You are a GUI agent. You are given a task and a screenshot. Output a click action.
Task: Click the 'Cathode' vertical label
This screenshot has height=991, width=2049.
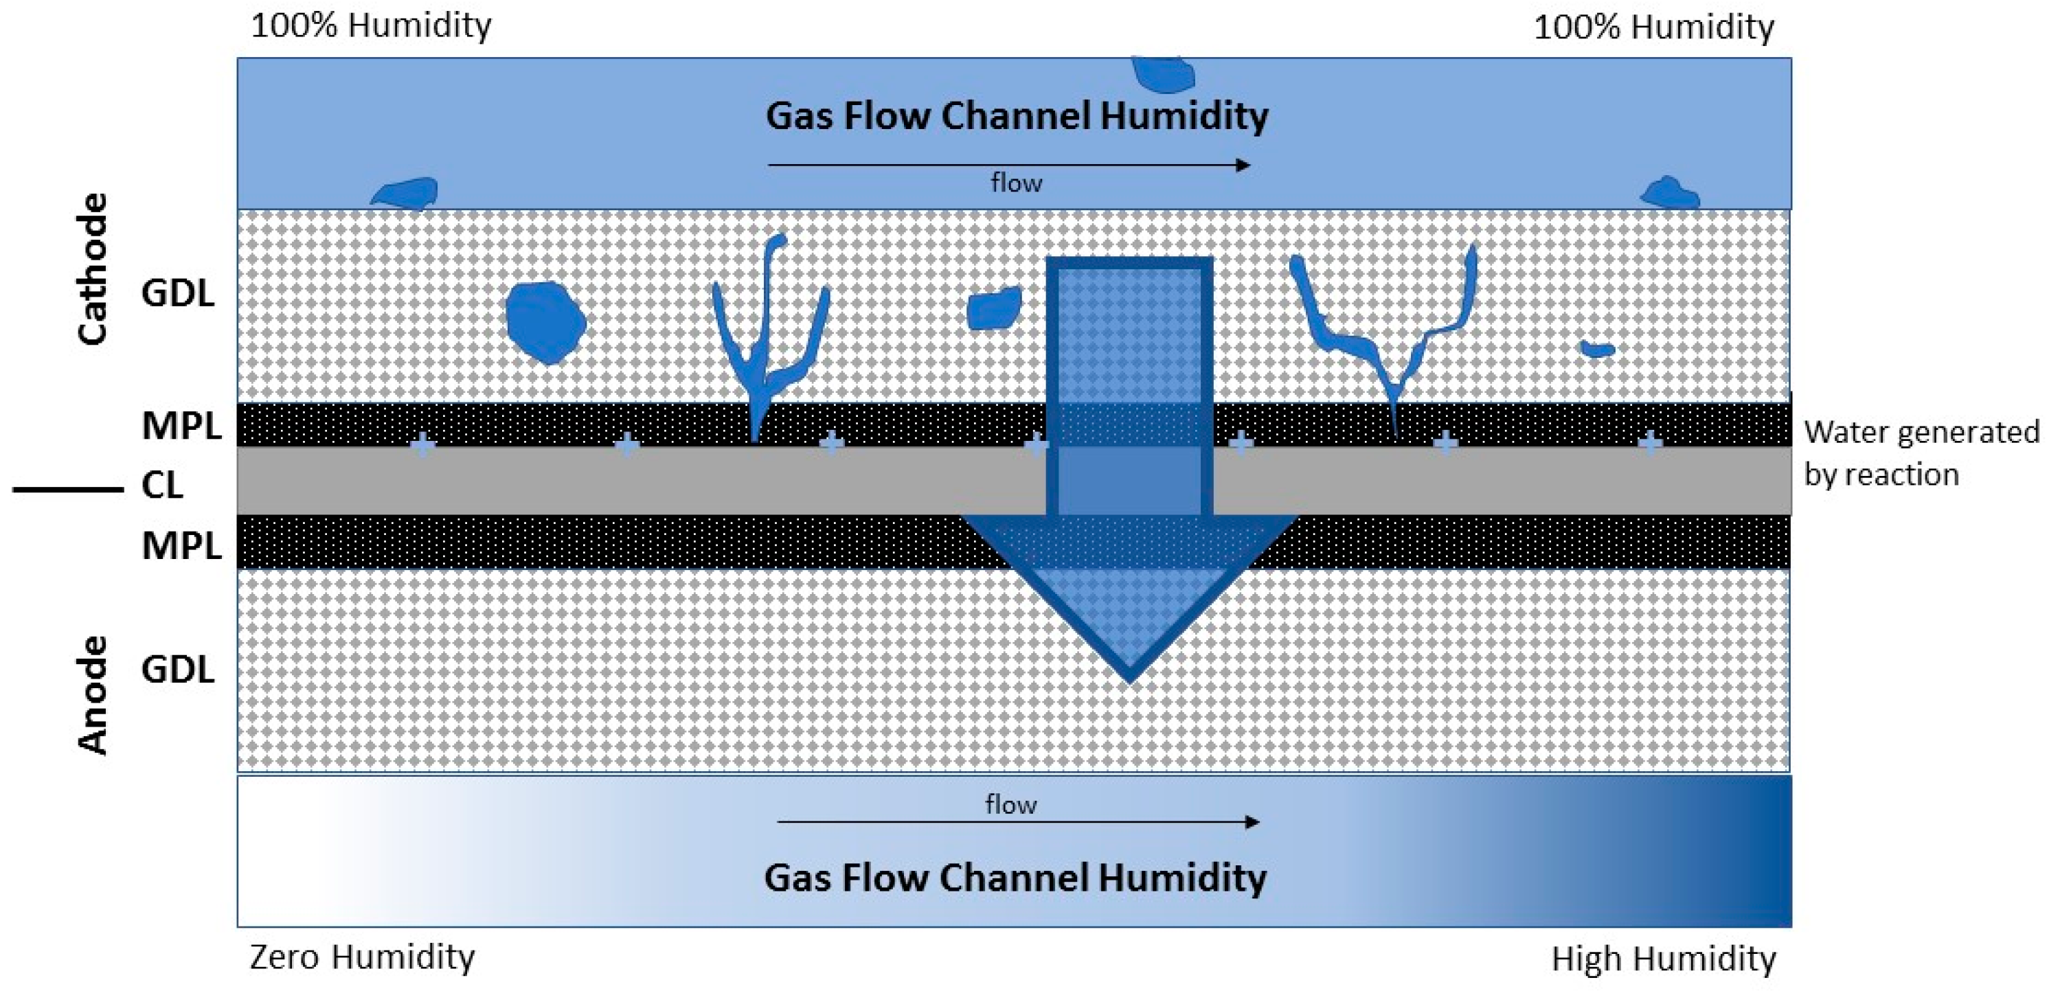pyautogui.click(x=92, y=269)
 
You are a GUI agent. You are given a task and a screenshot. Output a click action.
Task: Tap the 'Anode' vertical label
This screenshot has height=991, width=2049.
pyautogui.click(x=92, y=694)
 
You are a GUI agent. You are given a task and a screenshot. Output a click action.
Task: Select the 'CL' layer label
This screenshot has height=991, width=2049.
pyautogui.click(x=162, y=485)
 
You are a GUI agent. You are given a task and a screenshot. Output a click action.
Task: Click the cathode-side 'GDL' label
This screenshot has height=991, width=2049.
pyautogui.click(x=177, y=293)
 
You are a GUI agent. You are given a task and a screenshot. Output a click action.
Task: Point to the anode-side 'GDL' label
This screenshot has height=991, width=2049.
pyautogui.click(x=177, y=670)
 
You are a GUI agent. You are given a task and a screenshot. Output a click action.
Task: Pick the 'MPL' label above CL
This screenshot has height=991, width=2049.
pyautogui.click(x=181, y=426)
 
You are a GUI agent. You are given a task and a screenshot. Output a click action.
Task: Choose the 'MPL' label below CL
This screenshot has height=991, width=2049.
pyautogui.click(x=181, y=545)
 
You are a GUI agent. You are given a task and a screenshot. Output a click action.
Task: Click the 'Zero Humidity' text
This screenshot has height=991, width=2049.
pyautogui.click(x=362, y=957)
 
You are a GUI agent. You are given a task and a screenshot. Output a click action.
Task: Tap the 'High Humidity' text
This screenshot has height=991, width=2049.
pyautogui.click(x=1663, y=959)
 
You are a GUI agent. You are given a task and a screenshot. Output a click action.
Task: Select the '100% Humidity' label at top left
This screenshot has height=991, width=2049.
pyautogui.click(x=371, y=25)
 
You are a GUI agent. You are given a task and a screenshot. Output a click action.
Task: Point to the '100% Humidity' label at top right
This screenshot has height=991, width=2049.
pyautogui.click(x=1653, y=27)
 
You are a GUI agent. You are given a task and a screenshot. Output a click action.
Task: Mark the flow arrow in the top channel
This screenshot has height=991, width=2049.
pyautogui.click(x=1008, y=166)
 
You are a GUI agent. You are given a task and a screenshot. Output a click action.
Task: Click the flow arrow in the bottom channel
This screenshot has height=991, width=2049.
pyautogui.click(x=1017, y=821)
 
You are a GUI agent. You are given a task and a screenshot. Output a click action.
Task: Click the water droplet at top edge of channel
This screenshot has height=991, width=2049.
pyautogui.click(x=1163, y=73)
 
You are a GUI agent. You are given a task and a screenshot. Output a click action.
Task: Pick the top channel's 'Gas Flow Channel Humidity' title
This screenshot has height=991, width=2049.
pyautogui.click(x=1017, y=116)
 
